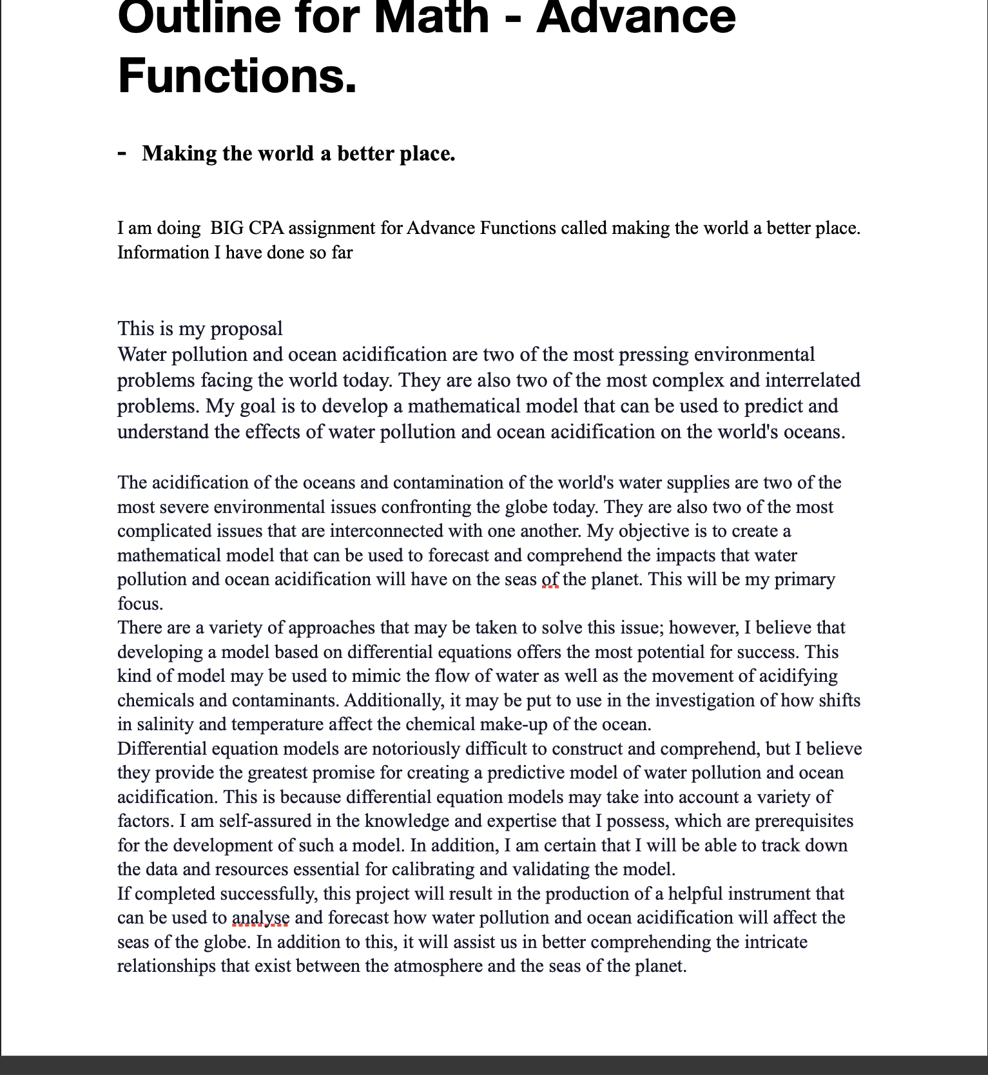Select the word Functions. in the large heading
(x=237, y=76)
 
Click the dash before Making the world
(x=122, y=153)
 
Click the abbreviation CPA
(x=267, y=228)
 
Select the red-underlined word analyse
(x=260, y=918)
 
